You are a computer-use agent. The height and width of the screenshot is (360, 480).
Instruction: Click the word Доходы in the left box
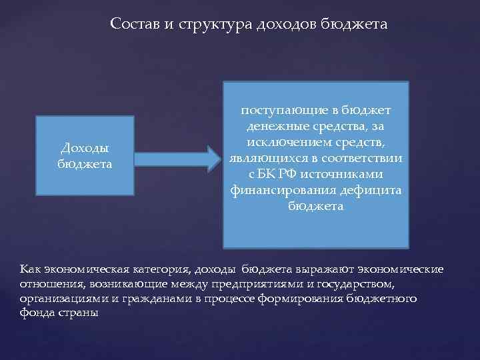coord(85,149)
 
